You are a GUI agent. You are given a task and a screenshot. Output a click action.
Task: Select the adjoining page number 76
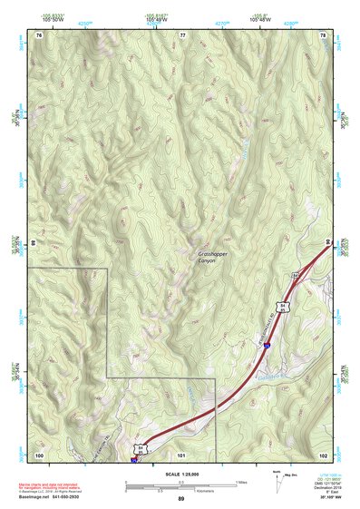coord(39,34)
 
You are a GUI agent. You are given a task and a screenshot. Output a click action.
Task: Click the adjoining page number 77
coord(182,34)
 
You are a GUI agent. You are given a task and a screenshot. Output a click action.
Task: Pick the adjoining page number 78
coord(323,34)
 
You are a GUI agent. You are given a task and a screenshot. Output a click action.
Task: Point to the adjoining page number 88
coord(34,243)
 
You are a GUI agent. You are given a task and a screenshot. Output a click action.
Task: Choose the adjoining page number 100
coord(39,454)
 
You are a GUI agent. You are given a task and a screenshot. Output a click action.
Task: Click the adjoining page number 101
coord(181,454)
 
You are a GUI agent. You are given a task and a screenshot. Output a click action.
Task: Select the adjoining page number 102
coord(323,454)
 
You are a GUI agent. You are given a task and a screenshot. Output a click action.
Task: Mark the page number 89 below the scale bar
coord(181,499)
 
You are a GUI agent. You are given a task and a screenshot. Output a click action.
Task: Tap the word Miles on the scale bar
coord(241,481)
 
